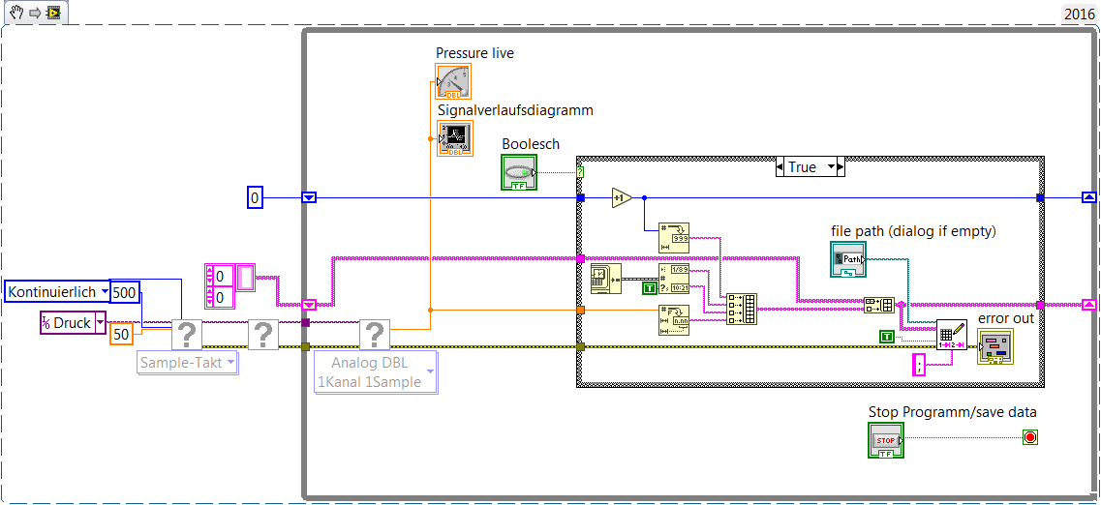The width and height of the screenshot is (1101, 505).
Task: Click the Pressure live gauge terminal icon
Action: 453,81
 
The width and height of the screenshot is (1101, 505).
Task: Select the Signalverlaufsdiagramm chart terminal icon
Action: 453,138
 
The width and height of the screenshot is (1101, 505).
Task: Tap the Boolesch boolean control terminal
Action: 519,172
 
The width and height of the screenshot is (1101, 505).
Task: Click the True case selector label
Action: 802,167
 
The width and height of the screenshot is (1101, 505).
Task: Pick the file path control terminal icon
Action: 848,259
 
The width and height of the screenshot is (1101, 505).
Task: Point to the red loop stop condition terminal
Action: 1029,438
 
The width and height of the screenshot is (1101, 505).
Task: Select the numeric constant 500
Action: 124,291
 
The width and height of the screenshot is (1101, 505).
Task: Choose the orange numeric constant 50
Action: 121,334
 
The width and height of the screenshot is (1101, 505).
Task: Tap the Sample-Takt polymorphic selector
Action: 188,363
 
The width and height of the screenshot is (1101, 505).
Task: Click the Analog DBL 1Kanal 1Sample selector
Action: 376,372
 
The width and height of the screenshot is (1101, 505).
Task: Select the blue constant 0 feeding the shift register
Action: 255,198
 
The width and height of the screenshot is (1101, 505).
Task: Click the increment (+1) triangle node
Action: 622,198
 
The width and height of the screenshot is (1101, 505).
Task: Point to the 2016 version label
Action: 1079,14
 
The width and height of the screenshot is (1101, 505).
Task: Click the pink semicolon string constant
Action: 920,365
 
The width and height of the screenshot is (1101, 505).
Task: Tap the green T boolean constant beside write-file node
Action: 887,336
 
